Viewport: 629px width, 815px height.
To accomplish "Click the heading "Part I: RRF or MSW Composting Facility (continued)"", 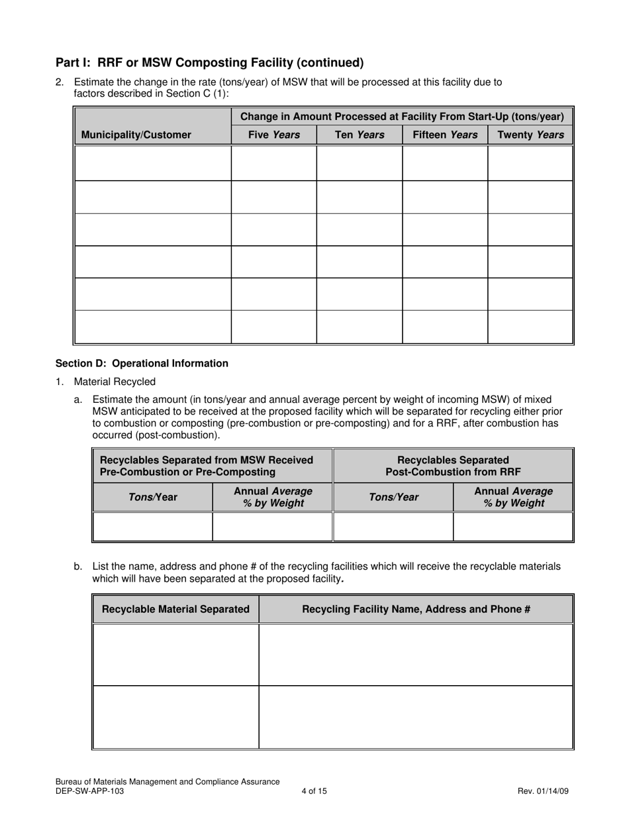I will pos(210,63).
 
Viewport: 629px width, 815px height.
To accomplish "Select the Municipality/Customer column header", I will pos(136,135).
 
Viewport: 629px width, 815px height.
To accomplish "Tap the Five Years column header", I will pos(273,135).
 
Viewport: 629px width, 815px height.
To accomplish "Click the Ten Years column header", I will pos(359,135).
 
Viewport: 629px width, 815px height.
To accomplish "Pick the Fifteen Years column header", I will pos(445,135).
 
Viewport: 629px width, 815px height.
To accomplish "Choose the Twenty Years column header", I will pos(530,135).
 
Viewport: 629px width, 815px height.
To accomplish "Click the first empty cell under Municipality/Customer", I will pos(153,164).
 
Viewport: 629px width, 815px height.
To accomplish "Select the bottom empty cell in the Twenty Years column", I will pos(530,327).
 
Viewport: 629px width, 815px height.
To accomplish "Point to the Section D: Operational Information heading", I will pos(142,363).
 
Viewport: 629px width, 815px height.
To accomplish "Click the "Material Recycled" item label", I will pos(115,382).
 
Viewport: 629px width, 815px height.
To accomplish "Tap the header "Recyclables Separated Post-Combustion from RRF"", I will pos(453,466).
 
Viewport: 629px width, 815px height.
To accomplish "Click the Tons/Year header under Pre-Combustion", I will pos(153,497).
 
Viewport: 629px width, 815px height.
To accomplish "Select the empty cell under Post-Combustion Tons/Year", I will pos(393,527).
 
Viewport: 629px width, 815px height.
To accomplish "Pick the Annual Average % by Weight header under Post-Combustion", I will pos(513,497).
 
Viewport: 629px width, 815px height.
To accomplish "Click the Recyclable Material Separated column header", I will pos(175,609).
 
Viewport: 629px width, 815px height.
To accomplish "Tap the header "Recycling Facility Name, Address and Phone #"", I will pos(416,609).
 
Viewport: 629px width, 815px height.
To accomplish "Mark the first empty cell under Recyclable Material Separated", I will pos(175,655).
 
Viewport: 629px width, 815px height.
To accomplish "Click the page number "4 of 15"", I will pos(314,790).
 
